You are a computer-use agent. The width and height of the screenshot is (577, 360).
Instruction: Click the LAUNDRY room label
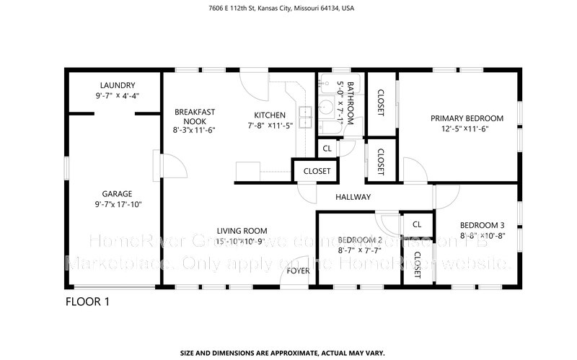[111, 85]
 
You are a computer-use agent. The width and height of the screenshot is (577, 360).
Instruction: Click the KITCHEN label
[270, 115]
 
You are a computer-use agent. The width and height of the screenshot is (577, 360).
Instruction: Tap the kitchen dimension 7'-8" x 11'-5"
[270, 126]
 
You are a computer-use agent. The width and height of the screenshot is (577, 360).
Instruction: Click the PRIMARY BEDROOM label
[467, 118]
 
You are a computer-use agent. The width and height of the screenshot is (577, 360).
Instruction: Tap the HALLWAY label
[353, 197]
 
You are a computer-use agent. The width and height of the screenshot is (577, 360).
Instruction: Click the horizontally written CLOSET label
[317, 172]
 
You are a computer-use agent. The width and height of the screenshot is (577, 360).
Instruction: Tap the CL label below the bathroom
[327, 149]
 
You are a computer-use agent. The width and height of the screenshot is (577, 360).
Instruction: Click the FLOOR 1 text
[87, 302]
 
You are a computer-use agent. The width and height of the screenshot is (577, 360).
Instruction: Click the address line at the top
[288, 9]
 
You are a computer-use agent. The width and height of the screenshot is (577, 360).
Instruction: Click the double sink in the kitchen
[306, 112]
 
